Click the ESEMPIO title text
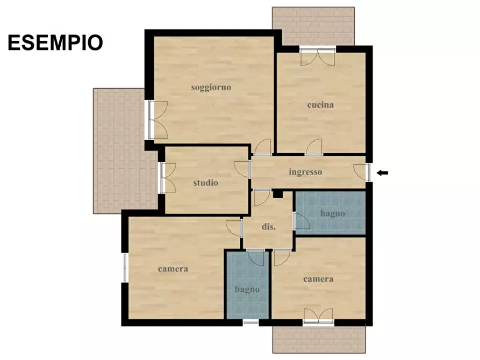coord(55,42)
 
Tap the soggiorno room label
coord(211,87)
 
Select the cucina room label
coord(320,105)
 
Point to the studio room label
coord(206,183)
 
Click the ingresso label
coord(305,172)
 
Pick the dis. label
coord(269,227)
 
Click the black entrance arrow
coord(382,172)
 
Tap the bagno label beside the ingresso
coord(333,213)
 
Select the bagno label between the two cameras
coord(247,289)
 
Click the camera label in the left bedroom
coord(173,269)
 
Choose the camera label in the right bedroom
coord(318,279)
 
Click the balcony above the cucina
coord(313,26)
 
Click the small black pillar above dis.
coord(277,194)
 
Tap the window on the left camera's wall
coord(125,268)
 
